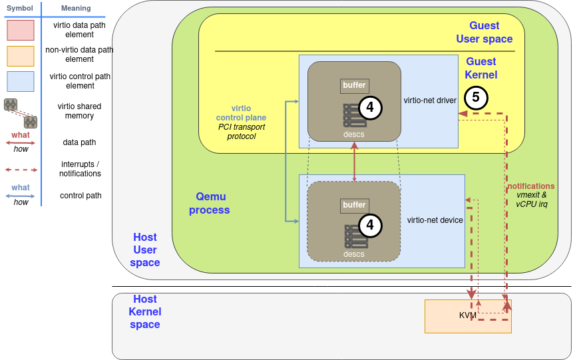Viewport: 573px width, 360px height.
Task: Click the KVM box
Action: tap(467, 315)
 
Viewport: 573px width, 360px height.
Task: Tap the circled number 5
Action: tap(476, 97)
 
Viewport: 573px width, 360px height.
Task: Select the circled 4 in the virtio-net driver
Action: tap(371, 107)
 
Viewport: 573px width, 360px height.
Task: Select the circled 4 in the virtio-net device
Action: tap(371, 226)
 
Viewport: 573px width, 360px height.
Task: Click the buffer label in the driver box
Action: tap(354, 85)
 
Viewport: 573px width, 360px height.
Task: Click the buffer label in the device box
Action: tap(354, 205)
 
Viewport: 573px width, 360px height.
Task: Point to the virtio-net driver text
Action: tap(430, 100)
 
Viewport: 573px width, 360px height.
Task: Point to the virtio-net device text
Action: tap(435, 220)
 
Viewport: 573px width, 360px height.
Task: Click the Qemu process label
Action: tap(209, 203)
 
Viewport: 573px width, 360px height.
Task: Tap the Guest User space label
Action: tap(484, 32)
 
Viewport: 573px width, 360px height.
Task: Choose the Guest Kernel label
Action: tap(480, 68)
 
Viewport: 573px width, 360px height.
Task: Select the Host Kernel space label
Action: tap(145, 311)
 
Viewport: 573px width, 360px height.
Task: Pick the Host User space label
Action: tap(145, 250)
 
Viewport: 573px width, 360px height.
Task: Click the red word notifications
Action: tap(531, 186)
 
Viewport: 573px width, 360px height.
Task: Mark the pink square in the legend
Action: tap(20, 30)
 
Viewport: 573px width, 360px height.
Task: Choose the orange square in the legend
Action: tap(20, 56)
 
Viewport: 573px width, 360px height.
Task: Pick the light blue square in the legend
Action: tap(20, 81)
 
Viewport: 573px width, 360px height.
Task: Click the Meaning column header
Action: tap(75, 8)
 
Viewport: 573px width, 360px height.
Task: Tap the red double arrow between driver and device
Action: tap(354, 161)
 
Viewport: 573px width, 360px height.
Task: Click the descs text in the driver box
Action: tap(353, 134)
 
